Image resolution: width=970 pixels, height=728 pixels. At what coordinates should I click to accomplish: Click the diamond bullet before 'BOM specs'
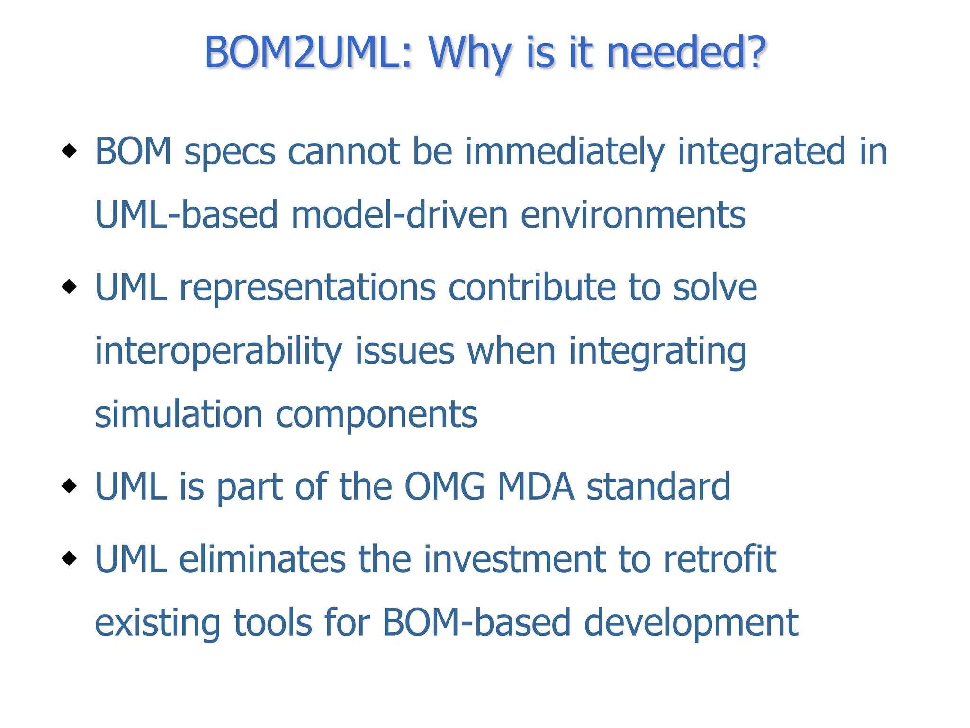(69, 151)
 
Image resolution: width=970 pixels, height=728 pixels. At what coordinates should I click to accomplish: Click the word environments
(633, 215)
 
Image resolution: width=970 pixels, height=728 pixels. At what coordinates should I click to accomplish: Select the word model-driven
(399, 215)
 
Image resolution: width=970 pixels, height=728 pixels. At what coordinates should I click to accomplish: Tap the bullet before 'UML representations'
(69, 286)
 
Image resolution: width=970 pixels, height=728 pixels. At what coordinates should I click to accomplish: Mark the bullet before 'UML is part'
(69, 486)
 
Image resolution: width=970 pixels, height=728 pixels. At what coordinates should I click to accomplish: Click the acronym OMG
(444, 487)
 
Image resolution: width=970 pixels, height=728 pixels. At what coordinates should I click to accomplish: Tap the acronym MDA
(536, 487)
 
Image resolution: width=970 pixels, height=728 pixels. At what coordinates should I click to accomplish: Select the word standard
(658, 487)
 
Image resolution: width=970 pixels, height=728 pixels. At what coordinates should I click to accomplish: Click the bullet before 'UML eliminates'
(69, 558)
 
